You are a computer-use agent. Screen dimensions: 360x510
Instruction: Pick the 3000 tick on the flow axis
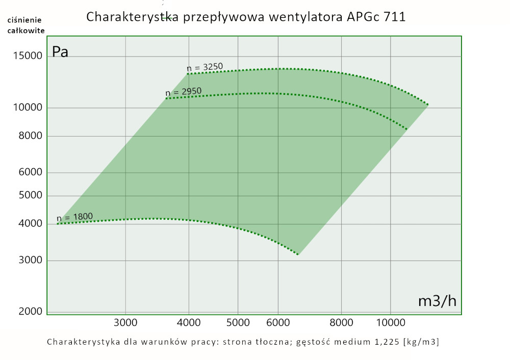click(x=125, y=322)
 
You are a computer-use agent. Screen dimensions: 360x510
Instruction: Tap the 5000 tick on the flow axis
click(x=238, y=322)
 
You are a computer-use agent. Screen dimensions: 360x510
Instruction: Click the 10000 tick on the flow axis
click(x=390, y=322)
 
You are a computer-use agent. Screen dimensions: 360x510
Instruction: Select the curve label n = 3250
click(x=205, y=67)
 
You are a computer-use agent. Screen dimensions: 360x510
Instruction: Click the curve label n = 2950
click(x=184, y=92)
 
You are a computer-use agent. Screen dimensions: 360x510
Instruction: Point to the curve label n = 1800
click(x=74, y=217)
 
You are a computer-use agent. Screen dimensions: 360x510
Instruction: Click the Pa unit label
click(x=60, y=52)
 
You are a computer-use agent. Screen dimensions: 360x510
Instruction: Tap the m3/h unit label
click(x=437, y=301)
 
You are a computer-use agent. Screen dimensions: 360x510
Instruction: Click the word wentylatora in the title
click(x=304, y=17)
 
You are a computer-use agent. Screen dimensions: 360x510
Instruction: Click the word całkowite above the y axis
click(x=26, y=30)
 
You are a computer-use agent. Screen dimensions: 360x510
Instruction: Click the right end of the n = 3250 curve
click(x=428, y=105)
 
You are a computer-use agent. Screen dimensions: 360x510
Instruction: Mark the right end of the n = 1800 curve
click(x=298, y=254)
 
